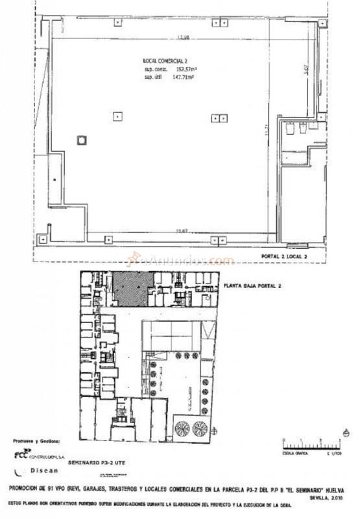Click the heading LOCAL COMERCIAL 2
point(165,60)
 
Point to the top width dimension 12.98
point(182,37)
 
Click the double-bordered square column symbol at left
point(81,139)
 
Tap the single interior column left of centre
point(117,117)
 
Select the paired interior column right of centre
point(221,117)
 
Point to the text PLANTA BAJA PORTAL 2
point(253,285)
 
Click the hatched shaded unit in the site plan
point(134,288)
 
